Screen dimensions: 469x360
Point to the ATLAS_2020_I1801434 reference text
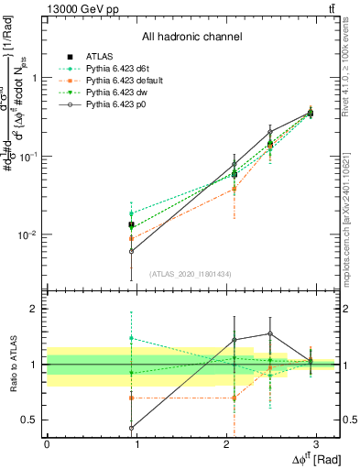coord(191,274)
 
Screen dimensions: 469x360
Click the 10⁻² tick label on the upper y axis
coord(27,234)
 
